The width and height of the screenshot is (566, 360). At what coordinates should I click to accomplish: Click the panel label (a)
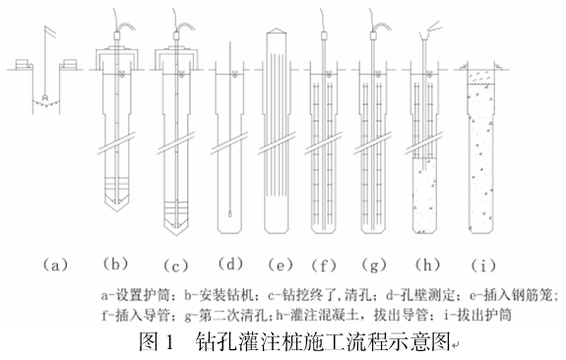(55, 266)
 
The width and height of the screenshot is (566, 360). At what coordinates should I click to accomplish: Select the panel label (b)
(115, 264)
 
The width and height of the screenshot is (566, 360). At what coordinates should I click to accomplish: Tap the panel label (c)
(176, 267)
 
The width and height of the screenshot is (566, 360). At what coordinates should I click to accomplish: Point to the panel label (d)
(230, 264)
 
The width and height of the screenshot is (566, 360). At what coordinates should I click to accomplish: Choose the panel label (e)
(281, 266)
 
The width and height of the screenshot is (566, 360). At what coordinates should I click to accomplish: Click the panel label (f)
(324, 266)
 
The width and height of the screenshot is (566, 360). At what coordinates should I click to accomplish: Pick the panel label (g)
(374, 266)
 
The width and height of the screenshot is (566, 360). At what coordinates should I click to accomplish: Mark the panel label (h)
(428, 265)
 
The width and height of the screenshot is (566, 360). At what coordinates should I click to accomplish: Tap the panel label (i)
(483, 266)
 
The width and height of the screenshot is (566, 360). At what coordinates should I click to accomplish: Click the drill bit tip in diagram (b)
(116, 210)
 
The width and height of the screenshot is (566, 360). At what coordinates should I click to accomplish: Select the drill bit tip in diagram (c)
(176, 234)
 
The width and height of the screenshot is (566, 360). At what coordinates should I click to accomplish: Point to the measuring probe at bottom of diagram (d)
(230, 213)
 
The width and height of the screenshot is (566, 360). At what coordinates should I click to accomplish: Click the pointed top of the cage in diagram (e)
(277, 30)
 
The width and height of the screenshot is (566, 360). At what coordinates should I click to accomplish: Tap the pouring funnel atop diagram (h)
(425, 35)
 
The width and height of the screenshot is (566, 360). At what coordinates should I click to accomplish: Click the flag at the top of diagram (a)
(51, 31)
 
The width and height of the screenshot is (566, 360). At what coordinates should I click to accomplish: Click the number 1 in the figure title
(170, 341)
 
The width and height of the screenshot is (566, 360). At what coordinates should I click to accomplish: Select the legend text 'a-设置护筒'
(135, 295)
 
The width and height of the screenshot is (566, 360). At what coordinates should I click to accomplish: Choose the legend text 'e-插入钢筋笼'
(511, 295)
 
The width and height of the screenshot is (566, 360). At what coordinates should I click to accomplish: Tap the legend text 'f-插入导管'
(136, 316)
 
